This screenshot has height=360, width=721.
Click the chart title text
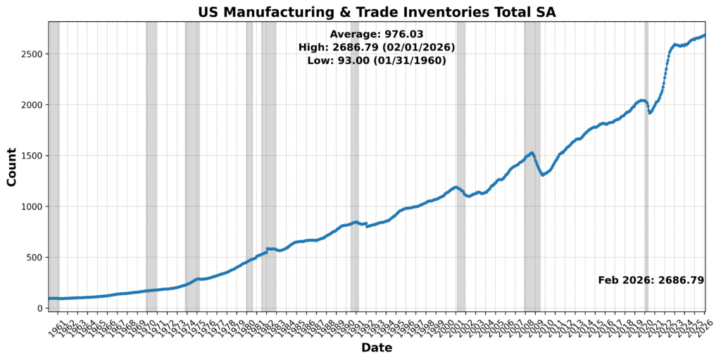tap(377, 11)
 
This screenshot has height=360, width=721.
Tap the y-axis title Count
tap(11, 166)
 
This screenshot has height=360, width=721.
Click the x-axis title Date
tap(377, 347)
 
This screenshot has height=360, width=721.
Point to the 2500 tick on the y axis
tap(32, 54)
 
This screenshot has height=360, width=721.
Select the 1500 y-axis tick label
tap(32, 156)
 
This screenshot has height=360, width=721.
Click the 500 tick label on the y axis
tap(35, 257)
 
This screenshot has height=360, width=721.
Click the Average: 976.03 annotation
tap(377, 34)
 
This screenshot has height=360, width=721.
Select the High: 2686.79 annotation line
tap(377, 47)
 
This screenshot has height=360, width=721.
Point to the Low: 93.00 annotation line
tap(377, 61)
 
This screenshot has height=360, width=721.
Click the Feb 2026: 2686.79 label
tap(651, 280)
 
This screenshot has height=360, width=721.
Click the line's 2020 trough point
tap(650, 113)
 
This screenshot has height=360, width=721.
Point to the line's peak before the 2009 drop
tap(532, 152)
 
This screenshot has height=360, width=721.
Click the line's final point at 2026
tap(705, 35)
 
